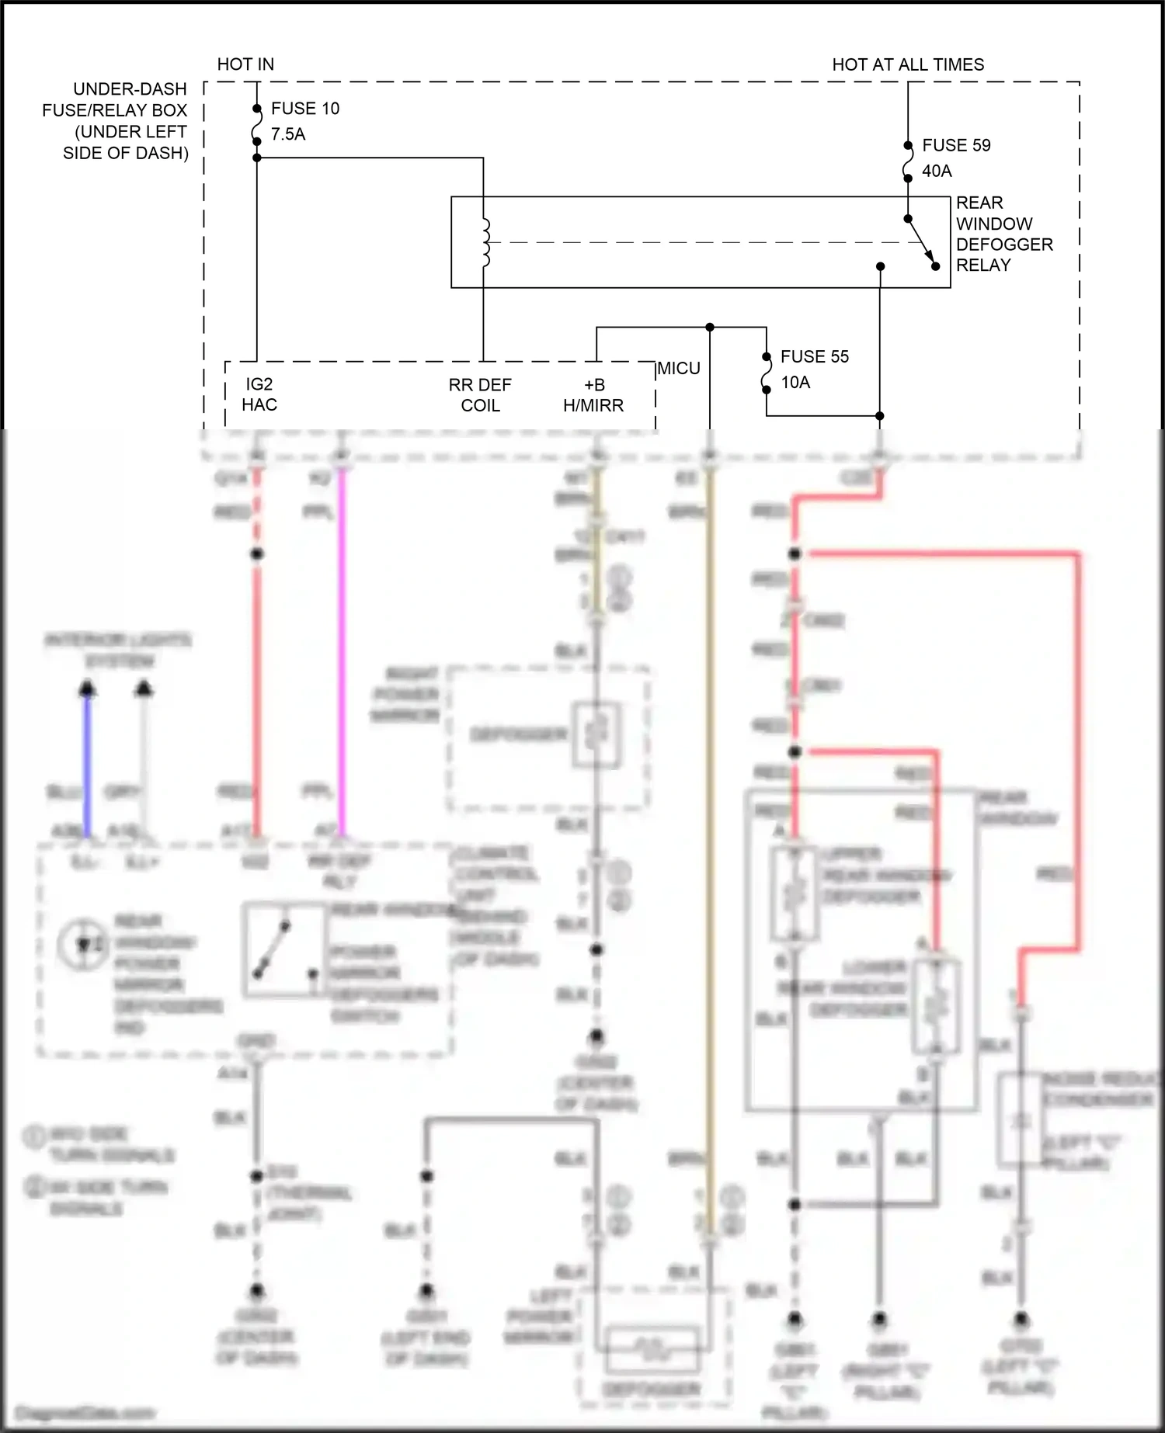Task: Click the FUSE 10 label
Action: point(305,109)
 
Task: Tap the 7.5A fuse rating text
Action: point(288,134)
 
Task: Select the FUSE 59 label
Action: point(956,145)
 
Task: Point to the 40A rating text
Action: point(937,171)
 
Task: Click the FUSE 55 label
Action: point(814,356)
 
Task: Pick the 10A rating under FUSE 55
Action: point(795,382)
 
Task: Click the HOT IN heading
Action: point(245,64)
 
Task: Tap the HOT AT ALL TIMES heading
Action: point(908,64)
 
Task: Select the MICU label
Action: point(679,369)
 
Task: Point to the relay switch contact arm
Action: point(921,241)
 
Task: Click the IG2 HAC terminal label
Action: point(259,394)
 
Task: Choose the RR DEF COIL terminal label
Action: point(480,395)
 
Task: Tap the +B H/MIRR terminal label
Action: point(593,395)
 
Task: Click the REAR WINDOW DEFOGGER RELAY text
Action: point(1003,234)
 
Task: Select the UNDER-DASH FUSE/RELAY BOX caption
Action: point(116,121)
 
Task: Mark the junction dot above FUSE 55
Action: point(710,328)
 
